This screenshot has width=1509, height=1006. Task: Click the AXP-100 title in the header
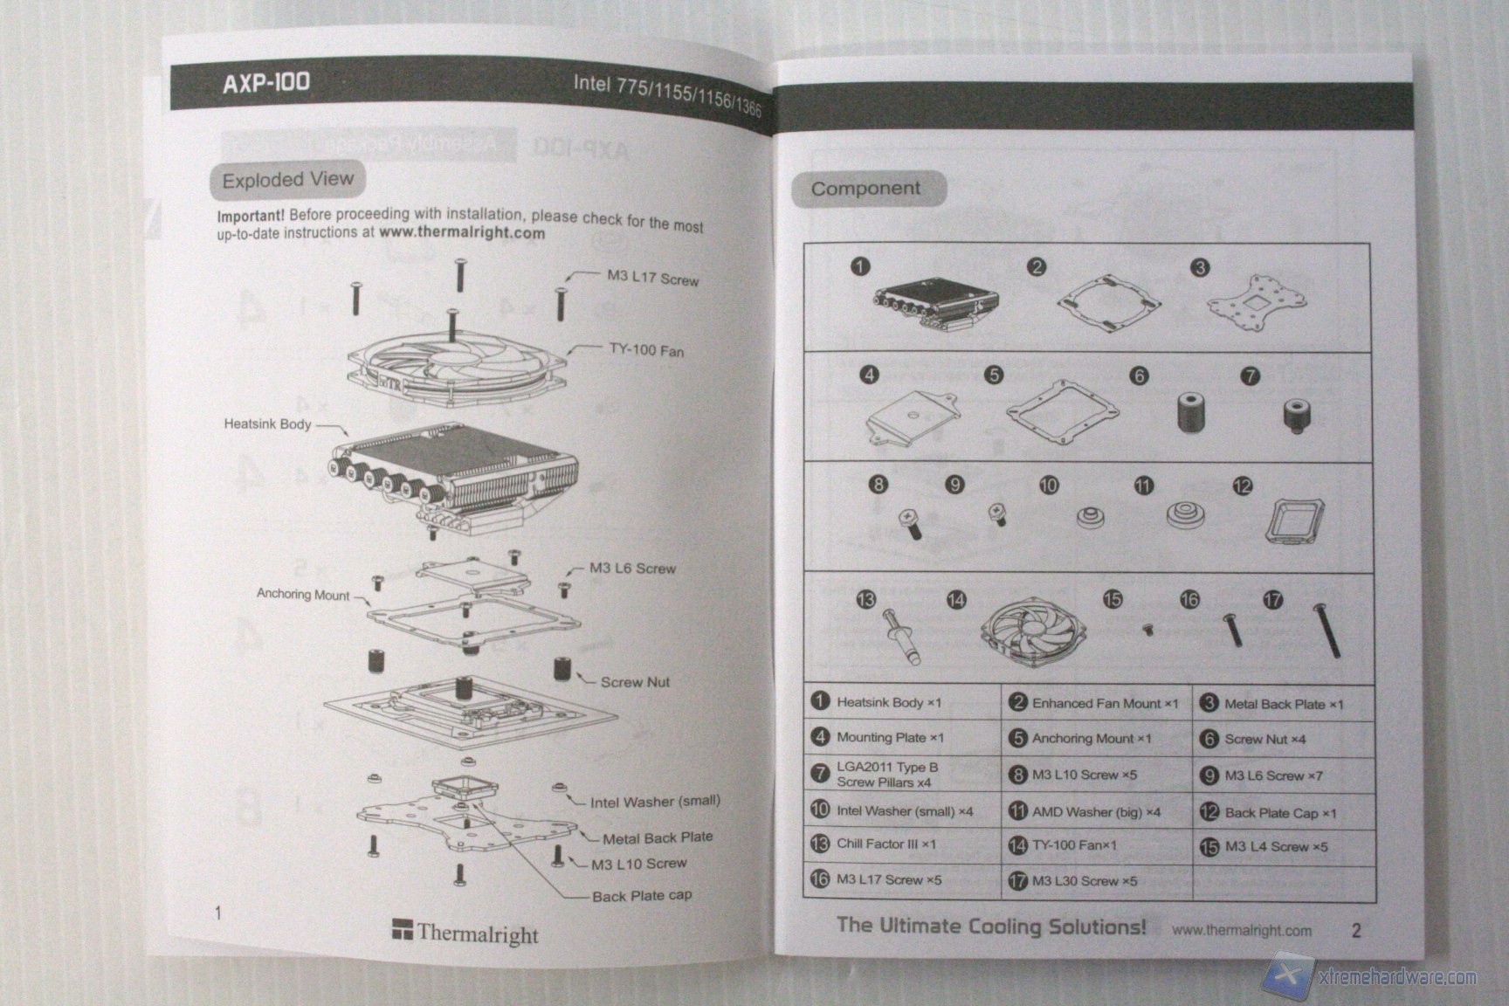tap(266, 82)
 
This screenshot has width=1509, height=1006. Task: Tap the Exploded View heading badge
tap(287, 180)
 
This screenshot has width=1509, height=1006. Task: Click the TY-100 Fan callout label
tap(646, 350)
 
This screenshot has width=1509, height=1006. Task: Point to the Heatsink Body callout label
tap(267, 424)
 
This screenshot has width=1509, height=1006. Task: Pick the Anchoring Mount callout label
tap(303, 595)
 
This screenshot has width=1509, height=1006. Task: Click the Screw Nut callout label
tap(635, 682)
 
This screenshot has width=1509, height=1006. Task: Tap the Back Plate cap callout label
tap(642, 895)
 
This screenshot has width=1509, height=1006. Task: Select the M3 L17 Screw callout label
tap(652, 279)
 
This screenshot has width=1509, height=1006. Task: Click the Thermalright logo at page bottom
tap(465, 933)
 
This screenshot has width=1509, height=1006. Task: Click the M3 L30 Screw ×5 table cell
tap(1095, 881)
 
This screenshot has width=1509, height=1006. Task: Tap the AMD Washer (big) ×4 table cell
tap(1095, 811)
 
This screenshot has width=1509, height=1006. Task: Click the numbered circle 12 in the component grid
tap(1242, 486)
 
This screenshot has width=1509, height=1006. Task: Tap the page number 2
tap(1355, 930)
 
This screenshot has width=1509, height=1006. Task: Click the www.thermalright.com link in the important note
tap(462, 233)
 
